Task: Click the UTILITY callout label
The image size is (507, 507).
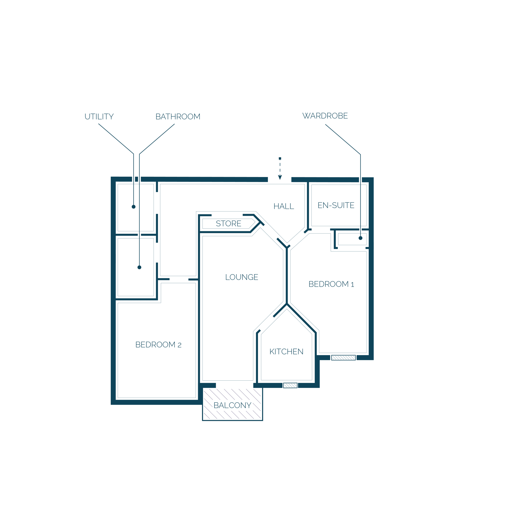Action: (x=99, y=117)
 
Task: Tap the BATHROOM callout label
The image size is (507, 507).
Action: (x=178, y=117)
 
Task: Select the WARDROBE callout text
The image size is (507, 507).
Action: (x=325, y=116)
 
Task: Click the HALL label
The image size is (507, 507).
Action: (x=284, y=206)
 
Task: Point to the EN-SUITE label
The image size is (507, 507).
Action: (x=336, y=205)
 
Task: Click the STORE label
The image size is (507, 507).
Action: (x=228, y=223)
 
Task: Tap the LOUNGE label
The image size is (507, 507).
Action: (x=241, y=277)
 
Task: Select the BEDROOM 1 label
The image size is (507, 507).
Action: (x=331, y=284)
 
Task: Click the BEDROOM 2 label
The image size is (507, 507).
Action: (x=158, y=345)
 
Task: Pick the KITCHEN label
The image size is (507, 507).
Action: (x=286, y=352)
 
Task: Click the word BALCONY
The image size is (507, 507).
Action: (x=232, y=405)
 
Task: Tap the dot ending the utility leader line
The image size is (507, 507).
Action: (x=134, y=207)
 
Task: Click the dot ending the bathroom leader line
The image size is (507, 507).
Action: (x=139, y=267)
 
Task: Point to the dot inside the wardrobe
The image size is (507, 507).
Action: (x=360, y=238)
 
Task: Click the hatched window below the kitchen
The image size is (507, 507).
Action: (x=290, y=386)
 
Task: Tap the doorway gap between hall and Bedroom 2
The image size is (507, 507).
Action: (x=179, y=279)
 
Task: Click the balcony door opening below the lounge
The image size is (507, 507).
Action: (x=235, y=386)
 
